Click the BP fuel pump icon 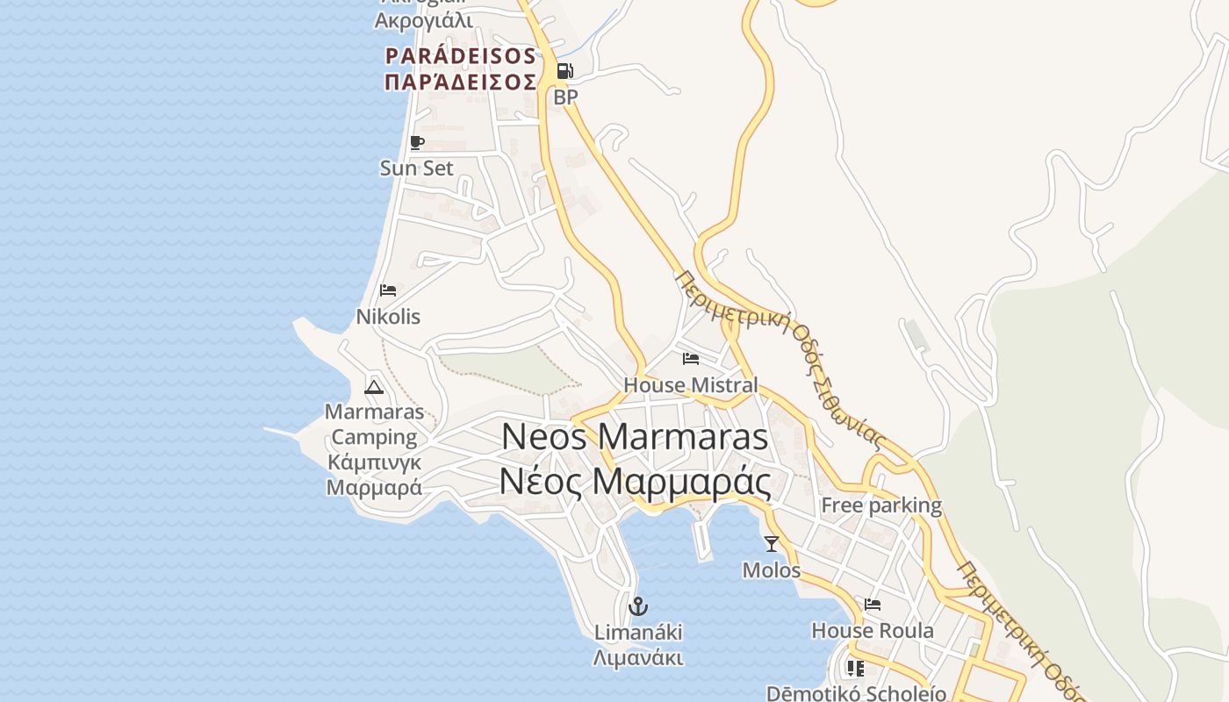[564, 71]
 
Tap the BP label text [565, 97]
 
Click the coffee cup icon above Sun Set [417, 142]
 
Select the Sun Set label [417, 168]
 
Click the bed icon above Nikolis [387, 290]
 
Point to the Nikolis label [388, 316]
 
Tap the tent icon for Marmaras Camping [374, 386]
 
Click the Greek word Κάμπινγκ [374, 462]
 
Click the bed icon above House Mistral [691, 358]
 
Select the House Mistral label [690, 384]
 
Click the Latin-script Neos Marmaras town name [635, 437]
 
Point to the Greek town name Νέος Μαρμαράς [635, 481]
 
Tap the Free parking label [880, 505]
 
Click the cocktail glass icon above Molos [772, 544]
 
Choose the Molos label [772, 570]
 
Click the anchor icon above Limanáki [638, 605]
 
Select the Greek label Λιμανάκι [638, 658]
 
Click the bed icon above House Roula [873, 605]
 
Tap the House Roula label [873, 630]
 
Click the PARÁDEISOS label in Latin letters [461, 56]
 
